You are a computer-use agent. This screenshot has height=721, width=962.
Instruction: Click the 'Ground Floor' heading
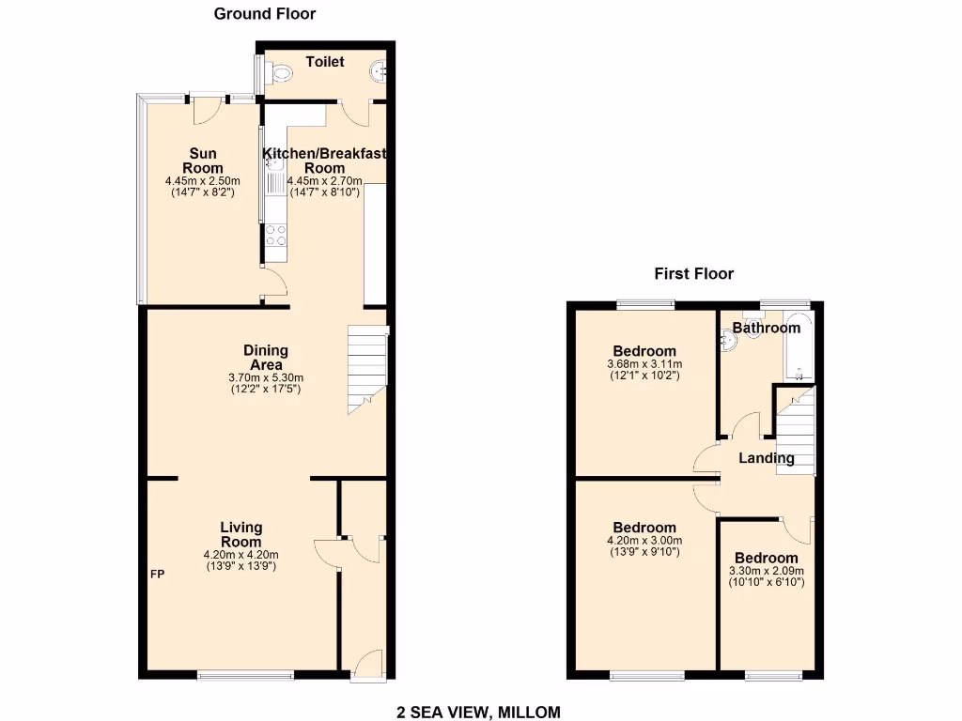264,14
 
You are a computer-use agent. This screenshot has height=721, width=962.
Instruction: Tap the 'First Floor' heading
693,274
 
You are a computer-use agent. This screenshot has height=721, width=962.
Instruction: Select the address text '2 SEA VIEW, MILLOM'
478,713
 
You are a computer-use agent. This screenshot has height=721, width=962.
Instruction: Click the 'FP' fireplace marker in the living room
157,574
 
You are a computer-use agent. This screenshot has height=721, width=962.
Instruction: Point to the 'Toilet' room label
325,62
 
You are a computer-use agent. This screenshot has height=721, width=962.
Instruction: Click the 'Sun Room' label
202,161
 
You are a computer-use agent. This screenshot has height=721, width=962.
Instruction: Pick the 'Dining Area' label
266,358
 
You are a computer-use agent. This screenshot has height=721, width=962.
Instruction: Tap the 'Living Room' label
240,534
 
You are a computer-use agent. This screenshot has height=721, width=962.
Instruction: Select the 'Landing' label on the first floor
766,458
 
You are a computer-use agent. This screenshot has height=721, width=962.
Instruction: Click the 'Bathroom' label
767,328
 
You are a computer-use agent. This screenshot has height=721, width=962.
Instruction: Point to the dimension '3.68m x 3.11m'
644,364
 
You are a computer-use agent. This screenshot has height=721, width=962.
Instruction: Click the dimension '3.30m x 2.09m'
766,570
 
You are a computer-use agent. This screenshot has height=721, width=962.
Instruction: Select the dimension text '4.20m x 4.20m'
240,555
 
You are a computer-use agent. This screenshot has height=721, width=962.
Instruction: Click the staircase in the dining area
367,368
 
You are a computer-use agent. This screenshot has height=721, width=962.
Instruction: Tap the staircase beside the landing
796,434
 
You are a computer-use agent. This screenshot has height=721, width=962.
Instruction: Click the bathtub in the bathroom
799,347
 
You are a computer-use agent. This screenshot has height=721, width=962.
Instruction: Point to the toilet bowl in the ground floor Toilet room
280,72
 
